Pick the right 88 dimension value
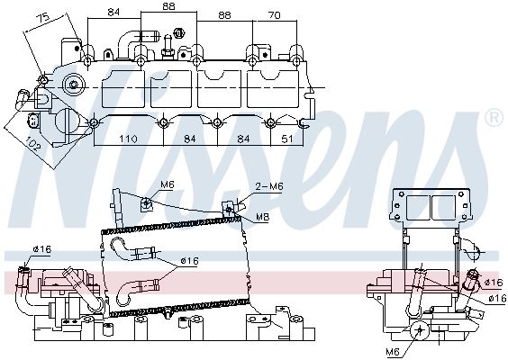[x=225, y=16]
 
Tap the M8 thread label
[x=262, y=216]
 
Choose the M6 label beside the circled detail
[x=393, y=350]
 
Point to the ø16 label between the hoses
[x=188, y=261]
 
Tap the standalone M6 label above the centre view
[x=167, y=185]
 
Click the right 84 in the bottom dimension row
[x=243, y=139]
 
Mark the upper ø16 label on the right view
[x=491, y=282]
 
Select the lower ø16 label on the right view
[x=495, y=297]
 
